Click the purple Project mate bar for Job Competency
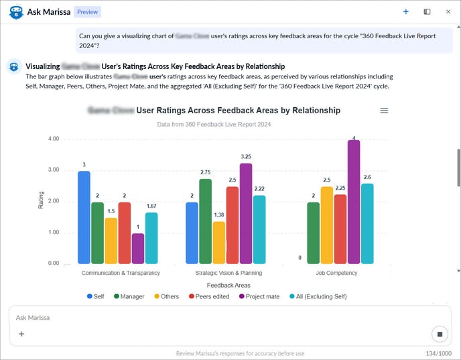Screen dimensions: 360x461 [354, 201]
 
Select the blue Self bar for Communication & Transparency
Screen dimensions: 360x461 [84, 217]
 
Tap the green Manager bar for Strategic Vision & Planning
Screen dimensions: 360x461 [205, 221]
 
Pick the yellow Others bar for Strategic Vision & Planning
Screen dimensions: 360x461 [218, 242]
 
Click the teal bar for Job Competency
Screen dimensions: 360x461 [367, 223]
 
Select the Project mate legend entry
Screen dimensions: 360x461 [259, 296]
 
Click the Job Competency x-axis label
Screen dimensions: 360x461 [336, 273]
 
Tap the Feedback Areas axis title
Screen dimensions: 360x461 [229, 285]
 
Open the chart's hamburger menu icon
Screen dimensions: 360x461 [384, 111]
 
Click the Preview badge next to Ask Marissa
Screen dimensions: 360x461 [86, 12]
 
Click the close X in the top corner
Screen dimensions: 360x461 [448, 11]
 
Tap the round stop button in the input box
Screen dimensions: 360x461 [440, 334]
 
